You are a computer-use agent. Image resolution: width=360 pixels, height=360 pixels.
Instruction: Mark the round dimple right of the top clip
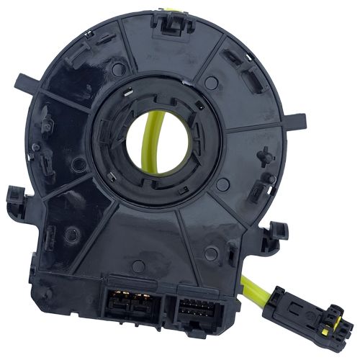click(210, 82)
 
